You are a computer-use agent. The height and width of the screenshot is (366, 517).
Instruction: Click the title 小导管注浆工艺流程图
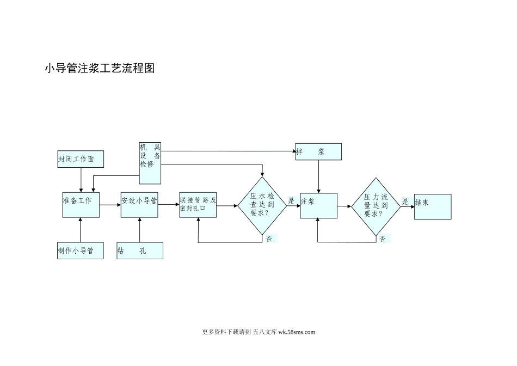(100, 69)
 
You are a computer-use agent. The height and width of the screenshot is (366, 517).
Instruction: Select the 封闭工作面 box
(81, 159)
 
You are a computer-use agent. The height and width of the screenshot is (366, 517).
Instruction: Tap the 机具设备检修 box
(150, 163)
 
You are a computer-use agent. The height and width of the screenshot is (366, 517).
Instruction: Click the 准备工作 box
(81, 205)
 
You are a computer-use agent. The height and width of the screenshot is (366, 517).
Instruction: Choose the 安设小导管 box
(139, 205)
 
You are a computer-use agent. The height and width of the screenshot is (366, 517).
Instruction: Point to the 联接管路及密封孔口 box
(198, 205)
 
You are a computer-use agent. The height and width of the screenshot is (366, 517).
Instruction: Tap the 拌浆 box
(318, 152)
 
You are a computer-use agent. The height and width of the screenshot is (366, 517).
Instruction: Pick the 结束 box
(433, 206)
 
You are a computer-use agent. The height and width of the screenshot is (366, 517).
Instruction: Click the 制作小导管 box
(81, 251)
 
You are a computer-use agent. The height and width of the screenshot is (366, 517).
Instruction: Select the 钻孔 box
(140, 251)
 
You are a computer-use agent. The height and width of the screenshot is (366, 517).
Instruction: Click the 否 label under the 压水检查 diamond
(269, 239)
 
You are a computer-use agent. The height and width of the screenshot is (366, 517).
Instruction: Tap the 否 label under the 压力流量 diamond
(383, 239)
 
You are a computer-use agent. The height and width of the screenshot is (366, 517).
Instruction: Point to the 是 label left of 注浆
(291, 201)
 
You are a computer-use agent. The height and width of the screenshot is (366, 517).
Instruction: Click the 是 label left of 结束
(405, 202)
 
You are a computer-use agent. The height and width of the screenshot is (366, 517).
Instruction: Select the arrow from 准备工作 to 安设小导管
(110, 205)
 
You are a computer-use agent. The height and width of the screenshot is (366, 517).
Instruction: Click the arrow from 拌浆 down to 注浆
(318, 176)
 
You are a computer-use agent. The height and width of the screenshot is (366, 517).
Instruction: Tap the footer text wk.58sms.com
(297, 332)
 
